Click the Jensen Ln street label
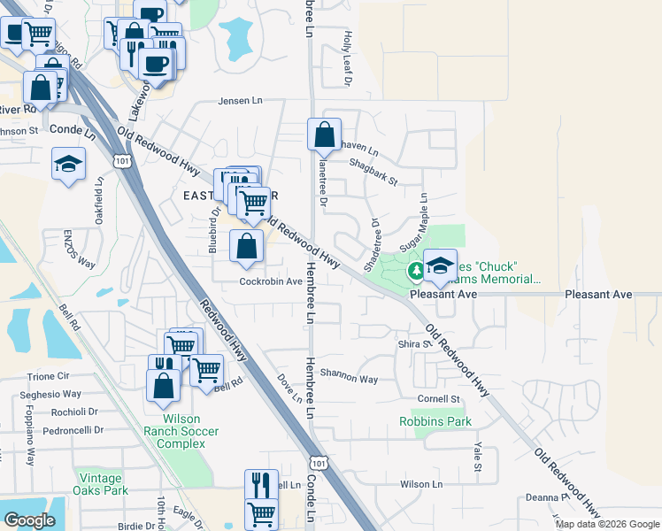(x=241, y=102)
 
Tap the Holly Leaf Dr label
(x=348, y=58)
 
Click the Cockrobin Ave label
(x=271, y=281)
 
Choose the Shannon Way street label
(x=349, y=377)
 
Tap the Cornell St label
(x=440, y=399)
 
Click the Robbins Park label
(x=435, y=422)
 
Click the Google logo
(x=29, y=520)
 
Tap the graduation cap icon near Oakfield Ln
(x=67, y=164)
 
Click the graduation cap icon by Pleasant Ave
(x=440, y=264)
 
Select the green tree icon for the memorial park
(x=415, y=270)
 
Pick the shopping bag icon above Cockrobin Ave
(x=247, y=247)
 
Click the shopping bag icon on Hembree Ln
(x=325, y=135)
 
